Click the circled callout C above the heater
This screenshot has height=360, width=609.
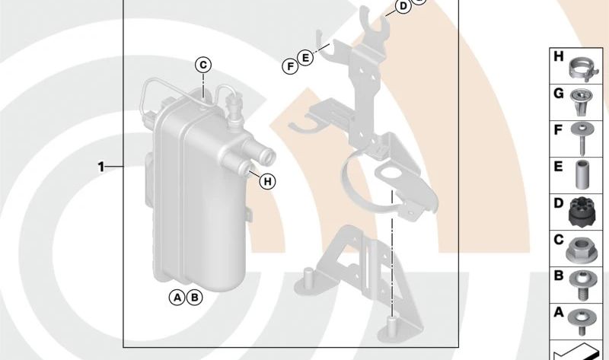pyautogui.click(x=203, y=65)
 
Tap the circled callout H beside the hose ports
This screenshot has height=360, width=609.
pyautogui.click(x=267, y=181)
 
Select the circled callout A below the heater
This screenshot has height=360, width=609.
pyautogui.click(x=177, y=298)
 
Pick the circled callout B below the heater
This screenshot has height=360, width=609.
pyautogui.click(x=195, y=298)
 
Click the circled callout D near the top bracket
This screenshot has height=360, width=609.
pyautogui.click(x=403, y=6)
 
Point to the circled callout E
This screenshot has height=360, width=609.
pyautogui.click(x=306, y=58)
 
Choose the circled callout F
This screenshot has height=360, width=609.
pyautogui.click(x=290, y=66)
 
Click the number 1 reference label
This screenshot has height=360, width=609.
pyautogui.click(x=101, y=167)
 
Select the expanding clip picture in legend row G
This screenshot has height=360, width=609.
pyautogui.click(x=579, y=102)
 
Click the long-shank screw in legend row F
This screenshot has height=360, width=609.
pyautogui.click(x=582, y=139)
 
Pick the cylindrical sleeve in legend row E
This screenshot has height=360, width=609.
pyautogui.click(x=582, y=175)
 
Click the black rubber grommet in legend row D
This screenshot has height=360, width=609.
pyautogui.click(x=580, y=212)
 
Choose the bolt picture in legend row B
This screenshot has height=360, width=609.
pyautogui.click(x=581, y=285)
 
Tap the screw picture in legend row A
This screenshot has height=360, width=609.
pyautogui.click(x=582, y=320)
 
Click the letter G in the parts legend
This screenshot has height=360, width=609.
pyautogui.click(x=559, y=94)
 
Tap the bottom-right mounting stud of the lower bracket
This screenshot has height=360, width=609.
pyautogui.click(x=391, y=327)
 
